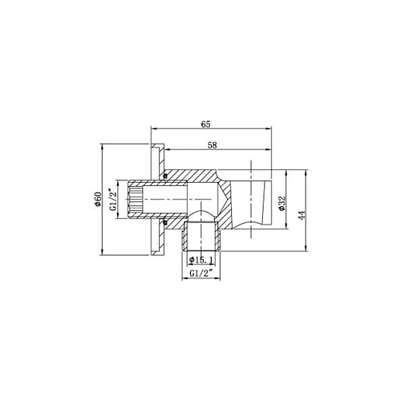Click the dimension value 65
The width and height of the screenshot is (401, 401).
tap(207, 124)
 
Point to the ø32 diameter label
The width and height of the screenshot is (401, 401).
tap(282, 204)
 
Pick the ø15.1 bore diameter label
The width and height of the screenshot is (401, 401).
tap(200, 260)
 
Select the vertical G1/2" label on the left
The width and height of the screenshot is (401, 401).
tap(114, 198)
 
